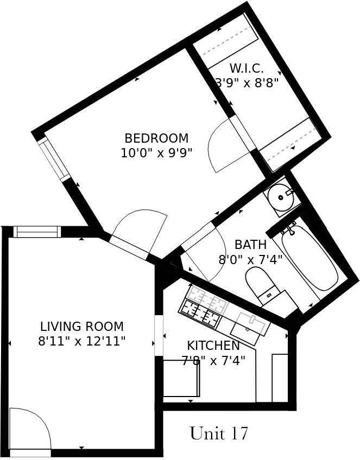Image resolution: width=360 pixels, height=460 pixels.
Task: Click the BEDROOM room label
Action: coord(156,138)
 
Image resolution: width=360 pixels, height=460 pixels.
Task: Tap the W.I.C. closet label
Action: coord(247,69)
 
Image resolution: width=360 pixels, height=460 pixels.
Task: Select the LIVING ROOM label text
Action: coord(82,327)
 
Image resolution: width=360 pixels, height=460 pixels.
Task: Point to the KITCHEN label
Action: coord(213,346)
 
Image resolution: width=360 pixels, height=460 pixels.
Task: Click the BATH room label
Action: coord(250,245)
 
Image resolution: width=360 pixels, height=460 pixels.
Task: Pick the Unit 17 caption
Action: coord(219,433)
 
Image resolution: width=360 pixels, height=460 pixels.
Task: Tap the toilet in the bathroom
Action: coord(260,283)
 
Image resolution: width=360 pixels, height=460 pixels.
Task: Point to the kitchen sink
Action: coord(250,324)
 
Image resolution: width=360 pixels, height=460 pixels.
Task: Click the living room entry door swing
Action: coord(28,428)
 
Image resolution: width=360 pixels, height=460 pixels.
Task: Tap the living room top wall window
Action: coord(36,232)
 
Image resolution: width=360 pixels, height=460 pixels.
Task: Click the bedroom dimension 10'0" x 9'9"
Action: coord(156,152)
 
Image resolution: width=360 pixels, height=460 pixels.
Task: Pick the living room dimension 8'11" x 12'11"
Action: coord(82,341)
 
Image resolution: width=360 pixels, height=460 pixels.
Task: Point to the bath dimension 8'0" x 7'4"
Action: coord(250,259)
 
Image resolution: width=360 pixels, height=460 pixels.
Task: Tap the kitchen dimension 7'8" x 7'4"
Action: coord(213,360)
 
